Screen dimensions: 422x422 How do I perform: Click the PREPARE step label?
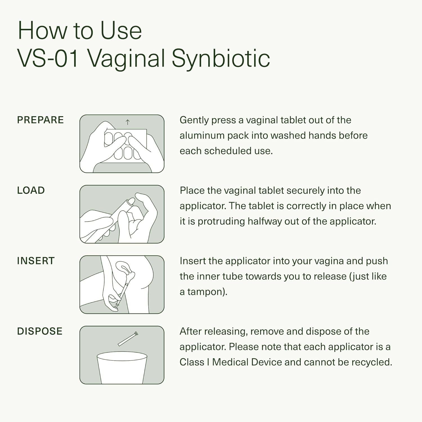tap(40, 120)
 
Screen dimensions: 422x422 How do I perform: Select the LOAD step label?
tap(31, 190)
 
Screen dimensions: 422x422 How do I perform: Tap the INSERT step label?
tap(35, 261)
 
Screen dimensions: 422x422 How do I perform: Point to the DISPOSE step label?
tap(40, 331)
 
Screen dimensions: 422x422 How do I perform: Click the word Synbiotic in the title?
tap(221, 59)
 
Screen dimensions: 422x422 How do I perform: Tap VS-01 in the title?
tap(48, 59)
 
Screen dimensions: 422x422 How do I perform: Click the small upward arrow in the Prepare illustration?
tap(127, 122)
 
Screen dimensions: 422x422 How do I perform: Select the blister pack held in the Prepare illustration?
tap(125, 146)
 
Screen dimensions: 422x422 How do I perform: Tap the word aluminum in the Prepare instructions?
tap(202, 135)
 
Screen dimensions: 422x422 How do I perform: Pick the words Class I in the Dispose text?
tap(194, 362)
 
